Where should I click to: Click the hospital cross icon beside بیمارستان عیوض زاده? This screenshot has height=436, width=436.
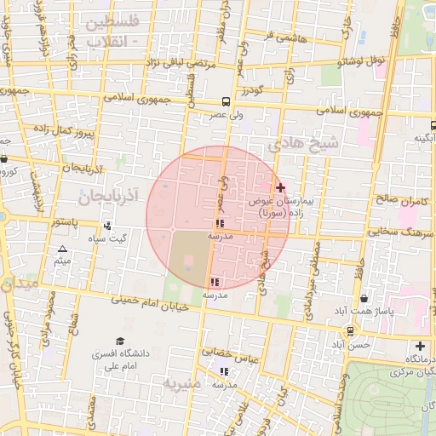pos(280,187)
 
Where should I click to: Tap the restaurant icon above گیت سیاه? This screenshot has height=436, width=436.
pos(107,227)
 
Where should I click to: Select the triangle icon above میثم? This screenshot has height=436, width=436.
pos(61,250)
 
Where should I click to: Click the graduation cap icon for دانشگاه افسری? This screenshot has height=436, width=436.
pos(120,341)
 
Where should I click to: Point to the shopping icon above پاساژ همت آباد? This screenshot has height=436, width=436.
pos(364,299)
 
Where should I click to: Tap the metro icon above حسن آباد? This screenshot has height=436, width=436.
pos(349,331)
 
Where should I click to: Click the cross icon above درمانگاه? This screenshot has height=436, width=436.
pos(419,347)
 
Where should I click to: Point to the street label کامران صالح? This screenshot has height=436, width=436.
pos(395,200)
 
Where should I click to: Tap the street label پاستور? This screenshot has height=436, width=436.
pos(62,221)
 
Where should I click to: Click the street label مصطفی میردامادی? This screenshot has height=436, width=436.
pos(311,266)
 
